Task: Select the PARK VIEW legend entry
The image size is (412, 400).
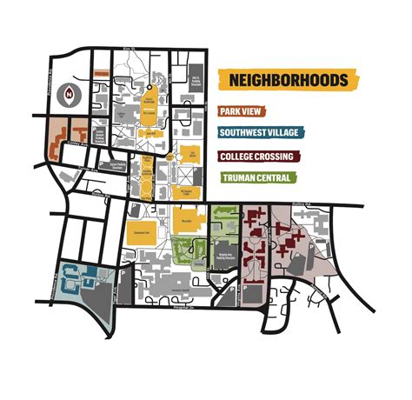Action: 256,111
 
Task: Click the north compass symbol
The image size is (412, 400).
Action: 69,94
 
